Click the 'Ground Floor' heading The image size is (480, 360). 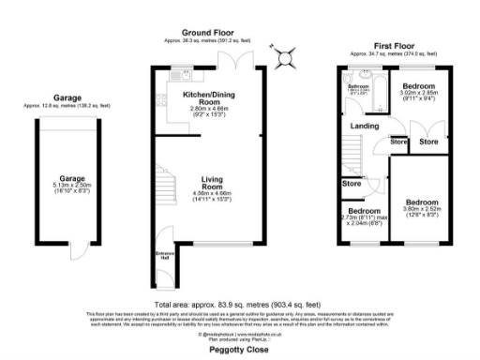tap(206, 31)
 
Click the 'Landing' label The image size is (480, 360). tap(365, 127)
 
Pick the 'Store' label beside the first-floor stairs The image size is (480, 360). tap(352, 184)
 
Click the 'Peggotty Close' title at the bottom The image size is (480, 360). tap(239, 348)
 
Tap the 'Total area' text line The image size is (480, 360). tap(239, 305)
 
